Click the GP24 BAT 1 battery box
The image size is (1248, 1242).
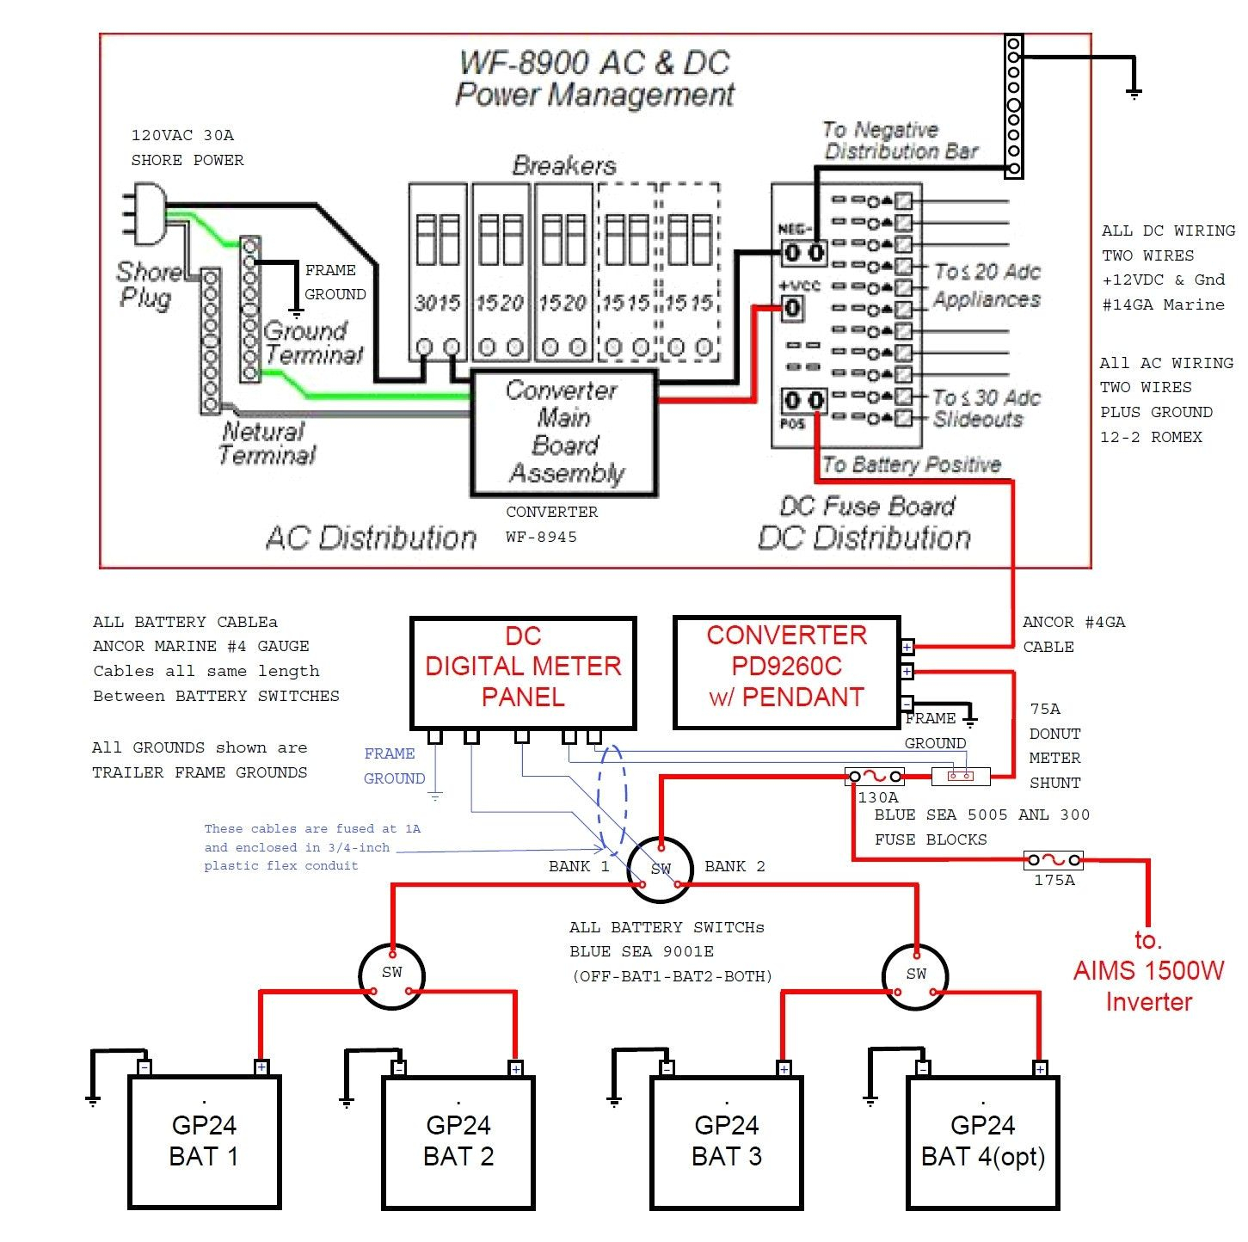pos(205,1142)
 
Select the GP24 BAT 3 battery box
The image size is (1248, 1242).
pos(726,1142)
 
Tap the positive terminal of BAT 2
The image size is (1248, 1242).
pos(515,1068)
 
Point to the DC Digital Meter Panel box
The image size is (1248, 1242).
pos(523,673)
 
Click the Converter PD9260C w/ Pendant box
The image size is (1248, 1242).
pos(786,673)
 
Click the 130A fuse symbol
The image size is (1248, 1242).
pos(875,777)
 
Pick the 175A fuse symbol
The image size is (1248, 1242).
pos(1054,859)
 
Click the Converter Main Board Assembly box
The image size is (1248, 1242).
pos(563,432)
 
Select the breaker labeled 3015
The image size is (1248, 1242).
pos(437,271)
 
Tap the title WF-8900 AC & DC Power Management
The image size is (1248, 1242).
pos(594,78)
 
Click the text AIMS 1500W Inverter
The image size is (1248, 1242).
pos(1148,972)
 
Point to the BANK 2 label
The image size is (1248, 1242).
pos(735,866)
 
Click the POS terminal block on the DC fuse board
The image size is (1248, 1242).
pos(803,401)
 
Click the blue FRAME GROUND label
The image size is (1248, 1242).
pos(394,765)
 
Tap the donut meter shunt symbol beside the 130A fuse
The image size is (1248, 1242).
pos(961,777)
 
